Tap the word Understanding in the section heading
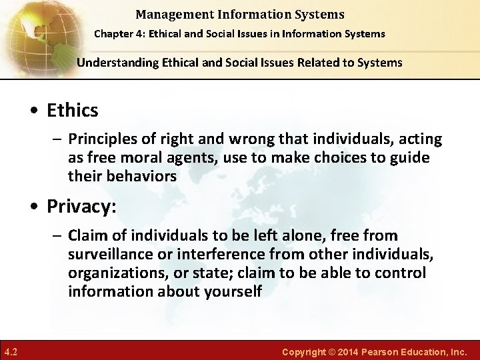coord(115,63)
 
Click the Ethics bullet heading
coord(73,110)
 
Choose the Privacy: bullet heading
coord(82,207)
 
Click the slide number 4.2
coord(11,351)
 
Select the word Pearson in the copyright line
coord(382,351)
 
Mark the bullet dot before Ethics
coord(38,111)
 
